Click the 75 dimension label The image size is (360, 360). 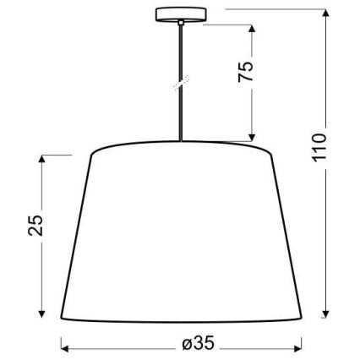point(246,71)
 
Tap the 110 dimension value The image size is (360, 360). point(319,150)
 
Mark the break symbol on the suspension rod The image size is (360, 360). point(179,85)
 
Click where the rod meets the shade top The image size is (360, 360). point(179,142)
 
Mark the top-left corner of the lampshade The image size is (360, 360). point(91,153)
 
